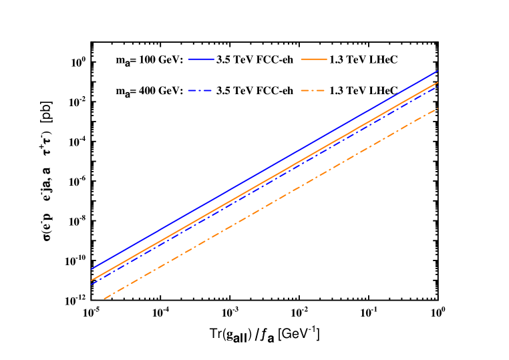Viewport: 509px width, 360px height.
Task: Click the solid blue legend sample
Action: pos(201,59)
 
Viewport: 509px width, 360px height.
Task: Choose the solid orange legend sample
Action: pos(314,59)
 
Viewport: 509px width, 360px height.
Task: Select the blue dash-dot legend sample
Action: pos(201,90)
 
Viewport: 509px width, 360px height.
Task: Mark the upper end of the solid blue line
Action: pos(438,70)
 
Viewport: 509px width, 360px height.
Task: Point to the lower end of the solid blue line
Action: pos(91,269)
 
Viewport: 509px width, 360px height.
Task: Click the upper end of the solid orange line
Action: pos(438,82)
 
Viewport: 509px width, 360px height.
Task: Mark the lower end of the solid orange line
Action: pos(91,280)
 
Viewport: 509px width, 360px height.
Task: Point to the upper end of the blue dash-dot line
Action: pos(438,86)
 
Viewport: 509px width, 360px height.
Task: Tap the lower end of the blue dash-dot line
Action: pos(91,285)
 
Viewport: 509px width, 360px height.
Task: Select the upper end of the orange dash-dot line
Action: pos(438,108)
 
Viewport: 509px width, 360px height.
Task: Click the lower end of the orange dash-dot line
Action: pos(104,299)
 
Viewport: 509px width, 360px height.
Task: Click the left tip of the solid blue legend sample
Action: pos(188,59)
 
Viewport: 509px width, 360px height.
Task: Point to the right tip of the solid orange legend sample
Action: pos(327,59)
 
